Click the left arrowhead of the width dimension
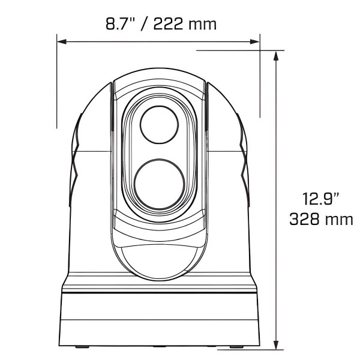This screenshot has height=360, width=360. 61,41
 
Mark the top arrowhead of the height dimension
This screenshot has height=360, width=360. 275,55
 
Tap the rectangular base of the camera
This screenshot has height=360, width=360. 160,318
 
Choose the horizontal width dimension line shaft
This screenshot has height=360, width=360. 158,41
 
